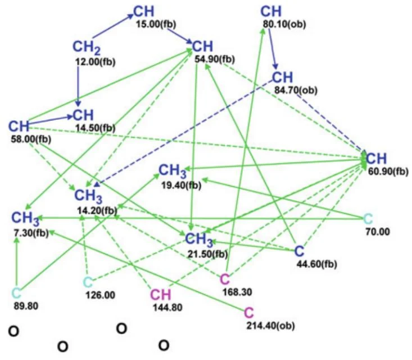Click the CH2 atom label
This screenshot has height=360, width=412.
tap(87, 48)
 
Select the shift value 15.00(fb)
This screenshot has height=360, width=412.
tap(156, 24)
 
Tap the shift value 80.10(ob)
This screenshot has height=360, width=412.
tap(284, 24)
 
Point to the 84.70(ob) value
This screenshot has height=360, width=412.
tap(296, 90)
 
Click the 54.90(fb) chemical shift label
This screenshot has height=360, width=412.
tap(215, 60)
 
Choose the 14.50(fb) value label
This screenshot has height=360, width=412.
tap(96, 128)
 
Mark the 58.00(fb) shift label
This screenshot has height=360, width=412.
tap(31, 139)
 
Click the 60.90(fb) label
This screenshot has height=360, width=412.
tap(388, 172)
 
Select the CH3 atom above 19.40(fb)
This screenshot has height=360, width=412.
tap(173, 171)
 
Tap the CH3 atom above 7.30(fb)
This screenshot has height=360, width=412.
tap(25, 218)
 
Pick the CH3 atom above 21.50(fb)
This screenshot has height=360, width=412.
tap(199, 240)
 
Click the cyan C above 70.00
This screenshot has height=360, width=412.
tap(368, 218)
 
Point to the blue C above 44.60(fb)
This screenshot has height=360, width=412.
tap(299, 251)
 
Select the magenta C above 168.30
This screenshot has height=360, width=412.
tap(225, 279)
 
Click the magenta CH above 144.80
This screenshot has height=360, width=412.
tap(161, 295)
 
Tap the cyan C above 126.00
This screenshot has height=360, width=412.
tap(88, 283)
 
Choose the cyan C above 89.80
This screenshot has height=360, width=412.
tap(16, 294)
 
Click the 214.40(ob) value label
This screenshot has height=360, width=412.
tap(270, 326)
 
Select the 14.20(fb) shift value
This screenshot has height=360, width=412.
tap(97, 210)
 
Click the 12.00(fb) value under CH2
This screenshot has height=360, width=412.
tap(96, 62)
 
